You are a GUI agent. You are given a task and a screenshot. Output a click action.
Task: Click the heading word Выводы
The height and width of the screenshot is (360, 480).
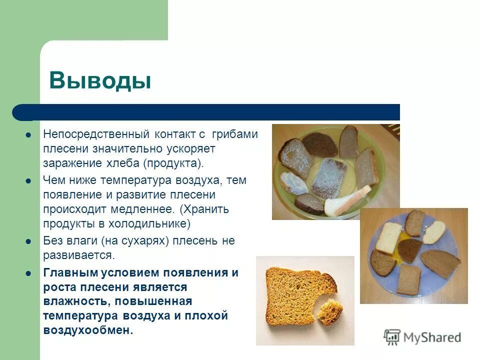99,80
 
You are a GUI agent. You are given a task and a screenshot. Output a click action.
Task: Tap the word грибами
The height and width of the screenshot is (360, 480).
234,134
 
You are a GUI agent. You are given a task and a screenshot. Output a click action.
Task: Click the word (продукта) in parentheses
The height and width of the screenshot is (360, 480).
174,163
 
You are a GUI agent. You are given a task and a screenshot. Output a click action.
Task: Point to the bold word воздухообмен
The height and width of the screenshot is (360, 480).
88,330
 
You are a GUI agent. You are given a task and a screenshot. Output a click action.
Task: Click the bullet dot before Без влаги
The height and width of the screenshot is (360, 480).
28,241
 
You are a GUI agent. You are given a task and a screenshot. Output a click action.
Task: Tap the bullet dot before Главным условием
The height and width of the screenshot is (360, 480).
28,273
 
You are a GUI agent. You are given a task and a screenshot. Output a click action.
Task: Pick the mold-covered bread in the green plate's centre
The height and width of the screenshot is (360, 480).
328,177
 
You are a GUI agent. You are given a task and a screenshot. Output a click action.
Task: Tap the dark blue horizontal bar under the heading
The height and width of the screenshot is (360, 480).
210,112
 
